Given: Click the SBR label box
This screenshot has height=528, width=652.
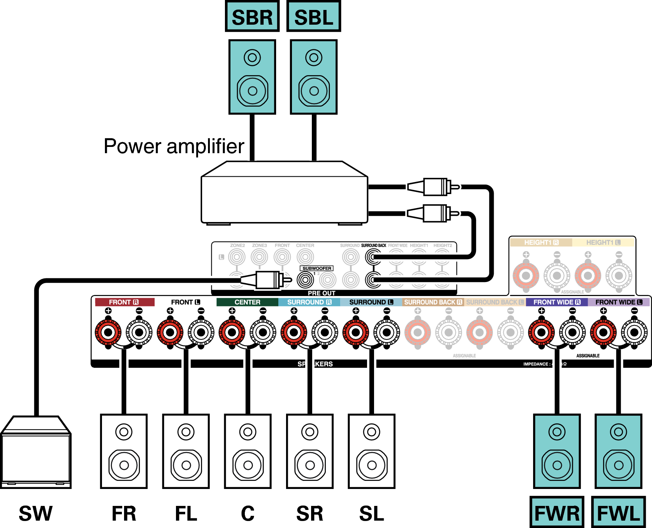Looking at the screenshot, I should click(x=252, y=17).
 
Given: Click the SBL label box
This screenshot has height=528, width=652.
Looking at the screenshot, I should click(x=314, y=17).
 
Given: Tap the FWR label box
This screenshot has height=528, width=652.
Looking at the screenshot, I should click(x=557, y=513).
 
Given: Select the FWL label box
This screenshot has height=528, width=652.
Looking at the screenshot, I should click(x=618, y=513).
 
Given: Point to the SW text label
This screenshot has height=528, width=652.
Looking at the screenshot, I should click(x=36, y=513).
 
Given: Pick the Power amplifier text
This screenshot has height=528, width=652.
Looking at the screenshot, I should click(x=174, y=146).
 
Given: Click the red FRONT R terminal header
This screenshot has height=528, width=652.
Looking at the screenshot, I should click(x=124, y=302).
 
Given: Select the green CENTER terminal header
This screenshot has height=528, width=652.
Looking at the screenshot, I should click(x=247, y=302).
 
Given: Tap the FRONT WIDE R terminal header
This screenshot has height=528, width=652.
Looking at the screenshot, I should click(x=556, y=302).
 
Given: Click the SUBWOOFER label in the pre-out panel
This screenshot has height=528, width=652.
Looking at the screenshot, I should click(x=317, y=268).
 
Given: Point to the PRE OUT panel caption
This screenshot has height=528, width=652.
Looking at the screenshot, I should click(x=321, y=293).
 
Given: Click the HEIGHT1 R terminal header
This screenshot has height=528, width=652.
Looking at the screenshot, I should click(x=541, y=243).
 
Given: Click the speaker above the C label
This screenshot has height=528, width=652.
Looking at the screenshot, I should click(x=248, y=451).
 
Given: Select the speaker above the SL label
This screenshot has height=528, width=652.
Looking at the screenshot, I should click(x=371, y=451).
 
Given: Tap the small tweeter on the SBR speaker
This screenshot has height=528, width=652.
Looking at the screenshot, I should click(x=252, y=57).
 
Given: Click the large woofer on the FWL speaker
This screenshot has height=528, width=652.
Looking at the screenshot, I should click(x=619, y=465).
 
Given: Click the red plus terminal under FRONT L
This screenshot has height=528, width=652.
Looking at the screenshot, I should click(x=170, y=332).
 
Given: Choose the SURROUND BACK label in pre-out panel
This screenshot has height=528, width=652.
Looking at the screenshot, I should click(x=373, y=246).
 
